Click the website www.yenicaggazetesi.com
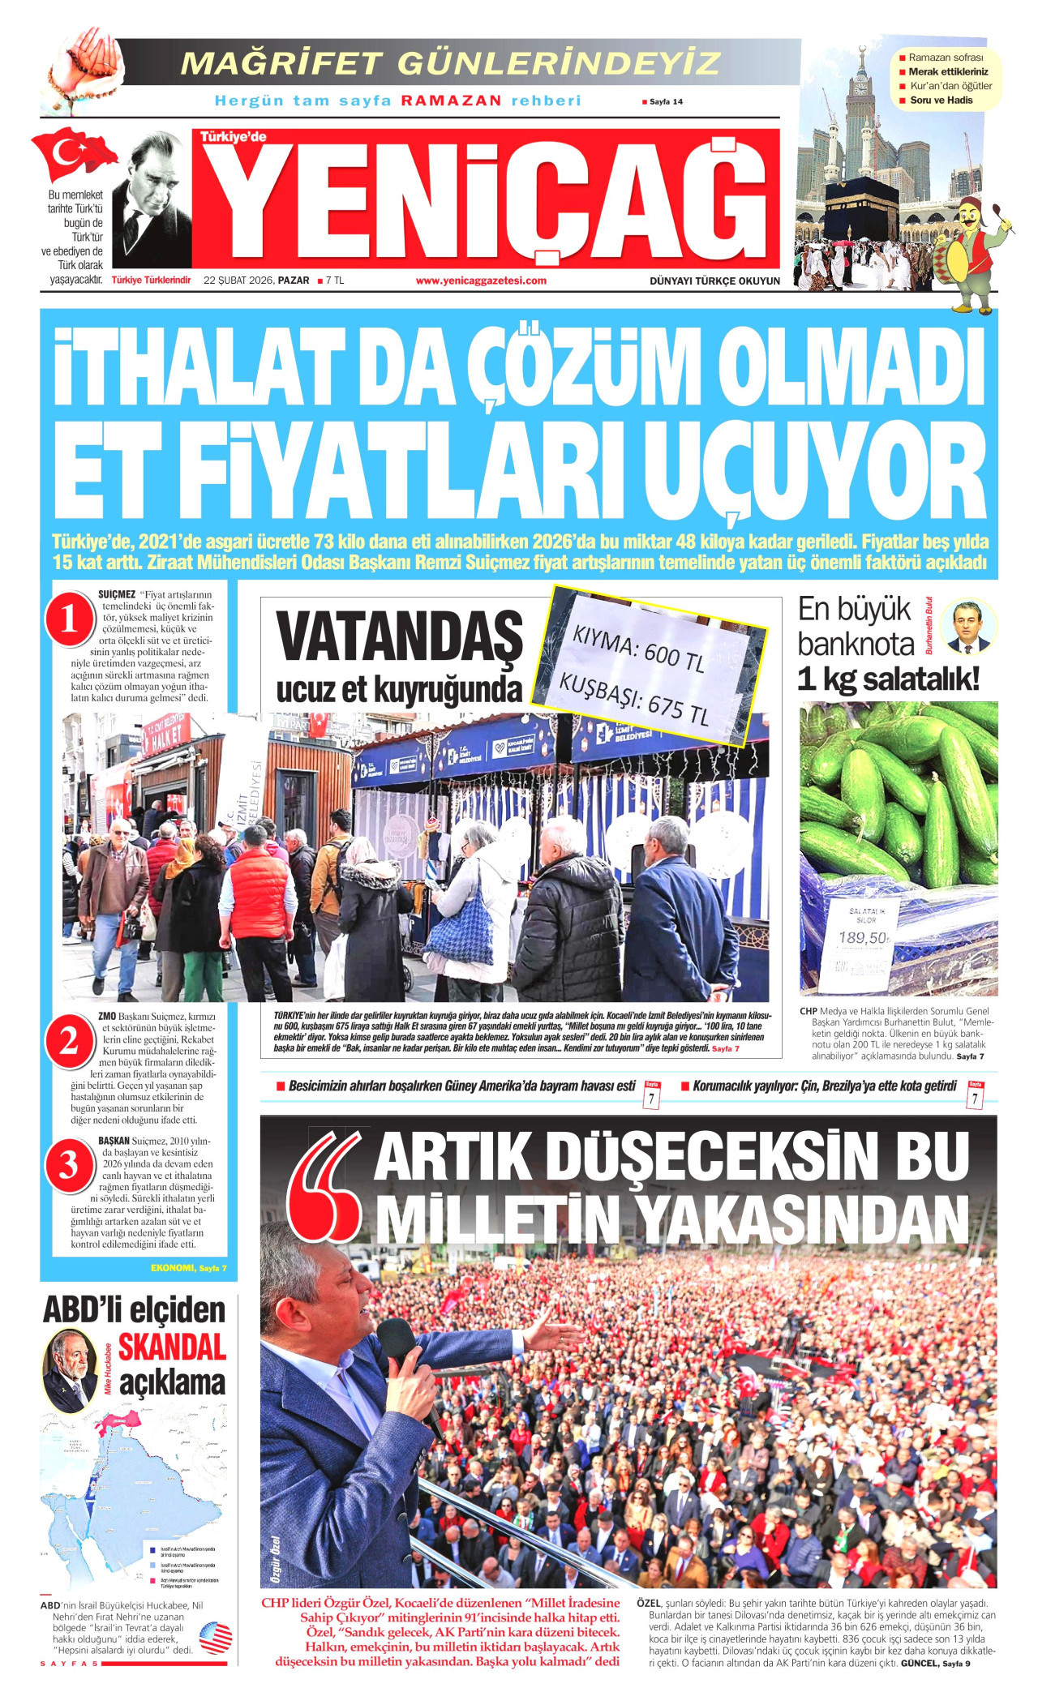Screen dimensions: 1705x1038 (481, 281)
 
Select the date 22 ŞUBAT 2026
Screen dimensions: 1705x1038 (239, 281)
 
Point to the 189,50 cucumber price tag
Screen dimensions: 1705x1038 (863, 938)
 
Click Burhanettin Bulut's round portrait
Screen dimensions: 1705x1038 (969, 626)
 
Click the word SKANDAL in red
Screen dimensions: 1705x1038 (172, 1347)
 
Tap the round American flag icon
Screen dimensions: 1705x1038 (216, 1638)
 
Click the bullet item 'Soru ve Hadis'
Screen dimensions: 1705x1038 (941, 101)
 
